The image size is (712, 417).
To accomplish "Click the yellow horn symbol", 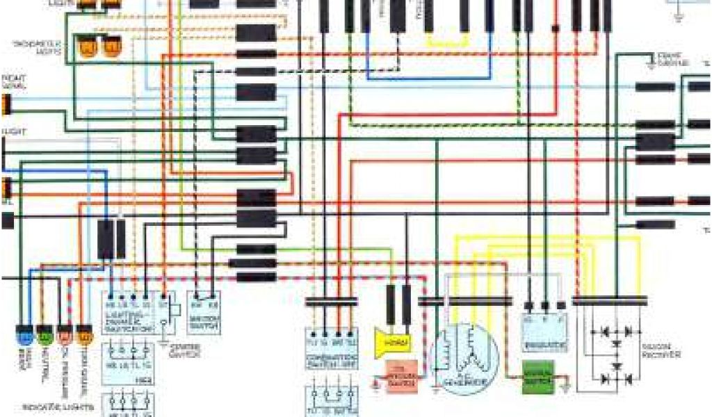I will coord(392,341).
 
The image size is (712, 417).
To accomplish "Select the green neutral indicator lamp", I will coord(44,338).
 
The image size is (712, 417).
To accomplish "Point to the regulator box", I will coord(545,332).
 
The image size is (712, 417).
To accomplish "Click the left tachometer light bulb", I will coord(89,47).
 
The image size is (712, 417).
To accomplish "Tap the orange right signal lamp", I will coord(6,104).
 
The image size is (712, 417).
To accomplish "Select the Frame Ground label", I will coord(671,60).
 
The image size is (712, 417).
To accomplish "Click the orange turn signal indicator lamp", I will coord(83,338).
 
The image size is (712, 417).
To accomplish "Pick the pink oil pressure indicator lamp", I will coord(64,338).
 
